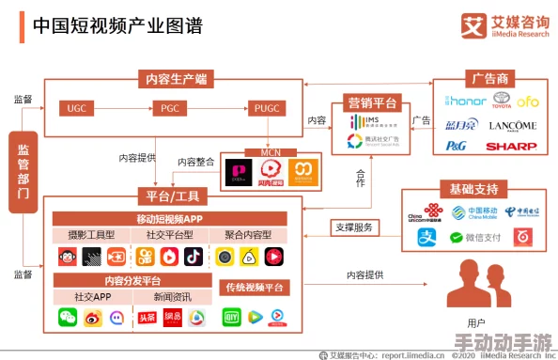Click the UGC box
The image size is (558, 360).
pyautogui.click(x=76, y=108)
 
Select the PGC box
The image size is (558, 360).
pyautogui.click(x=170, y=108)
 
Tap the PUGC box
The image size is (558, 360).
pyautogui.click(x=267, y=108)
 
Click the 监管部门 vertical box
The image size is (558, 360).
pyautogui.click(x=23, y=170)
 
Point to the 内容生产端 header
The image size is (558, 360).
pyautogui.click(x=176, y=78)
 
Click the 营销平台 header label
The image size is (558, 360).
pyautogui.click(x=372, y=103)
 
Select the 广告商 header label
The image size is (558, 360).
pyautogui.click(x=490, y=78)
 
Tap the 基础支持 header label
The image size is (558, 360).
pyautogui.click(x=474, y=189)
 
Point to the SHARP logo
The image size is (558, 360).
pyautogui.click(x=512, y=146)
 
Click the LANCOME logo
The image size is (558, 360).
pyautogui.click(x=513, y=125)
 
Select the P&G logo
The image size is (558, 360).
pyautogui.click(x=456, y=146)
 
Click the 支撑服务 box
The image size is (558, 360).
pyautogui.click(x=354, y=227)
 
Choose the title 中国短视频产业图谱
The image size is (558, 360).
pyautogui.click(x=116, y=24)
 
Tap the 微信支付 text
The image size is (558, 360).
pyautogui.click(x=483, y=238)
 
